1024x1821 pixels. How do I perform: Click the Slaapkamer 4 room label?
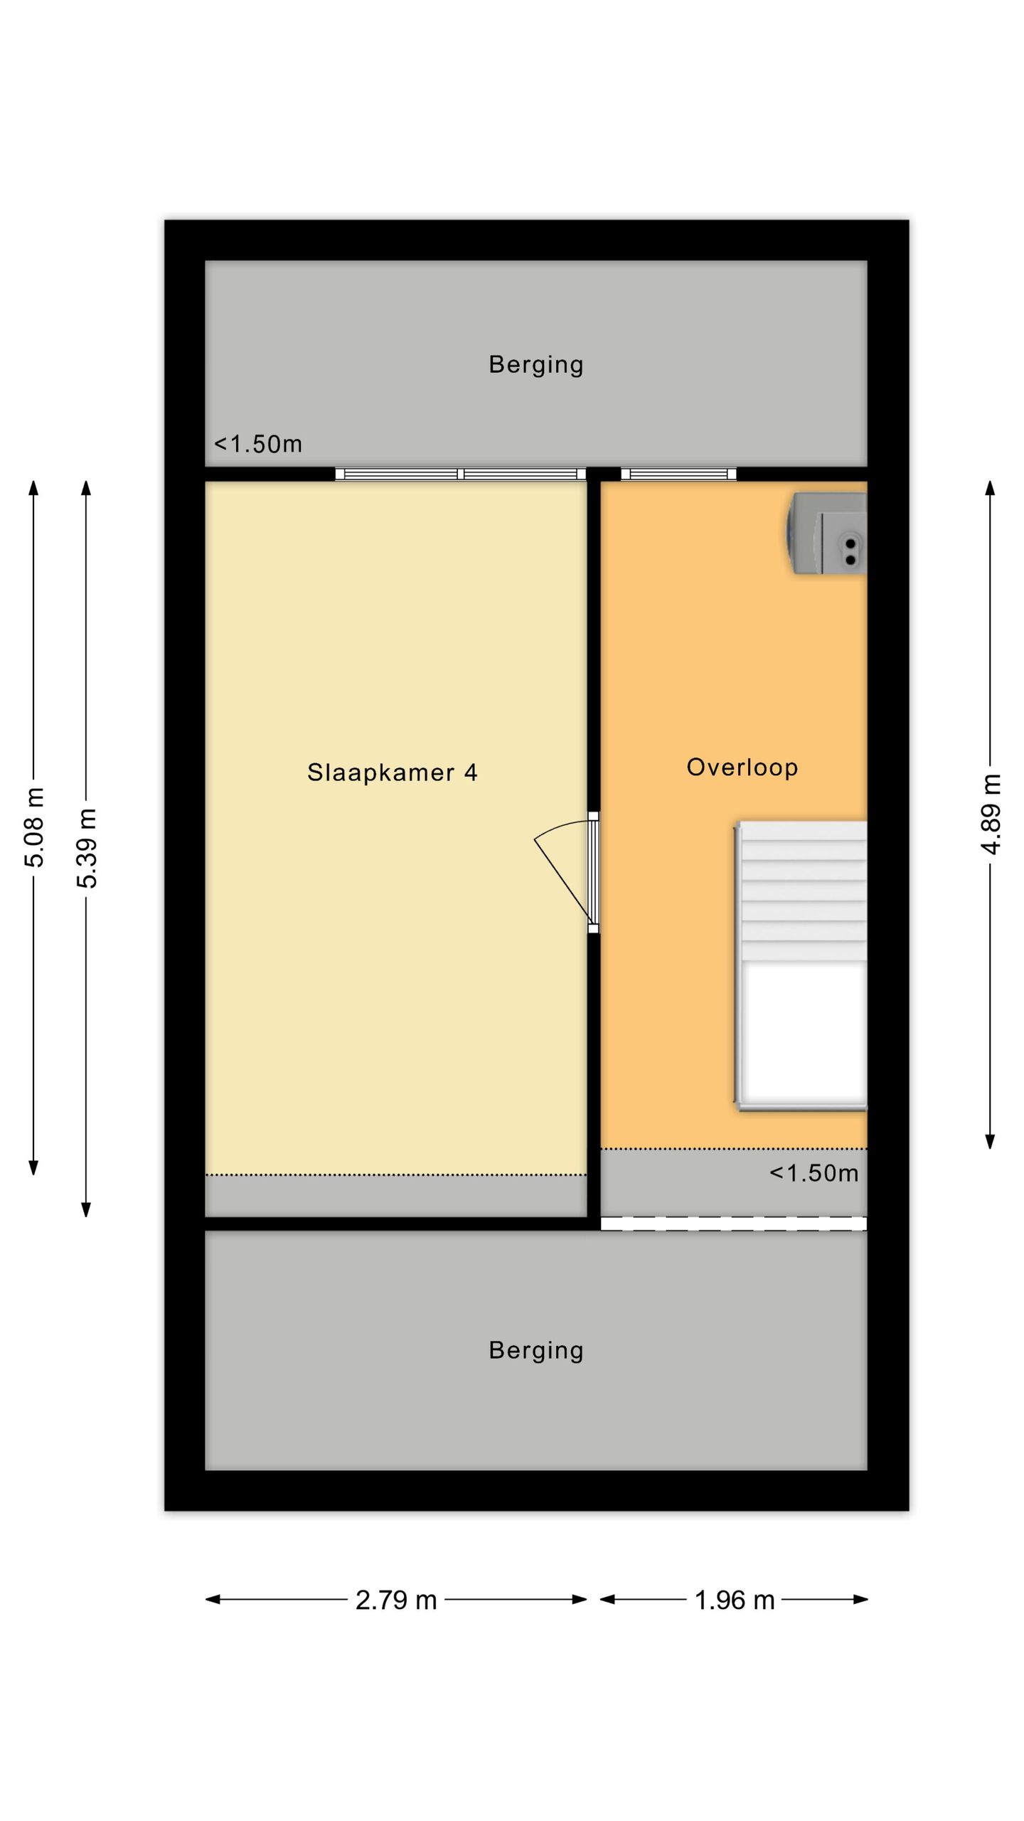click(392, 773)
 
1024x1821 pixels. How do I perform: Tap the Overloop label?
click(742, 768)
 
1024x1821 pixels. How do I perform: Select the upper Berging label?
click(535, 365)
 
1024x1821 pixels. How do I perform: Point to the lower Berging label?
click(535, 1350)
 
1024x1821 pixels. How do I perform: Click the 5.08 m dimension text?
click(34, 827)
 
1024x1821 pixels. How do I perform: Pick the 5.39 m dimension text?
click(87, 849)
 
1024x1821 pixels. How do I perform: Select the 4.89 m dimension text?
click(991, 814)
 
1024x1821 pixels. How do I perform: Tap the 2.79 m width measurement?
click(396, 1600)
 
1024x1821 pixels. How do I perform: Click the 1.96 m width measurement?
click(735, 1600)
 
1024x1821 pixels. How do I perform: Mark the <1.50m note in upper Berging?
click(258, 445)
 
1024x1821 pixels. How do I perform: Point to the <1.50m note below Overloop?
click(814, 1174)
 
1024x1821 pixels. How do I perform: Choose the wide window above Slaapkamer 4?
click(461, 474)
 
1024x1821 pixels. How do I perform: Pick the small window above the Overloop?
click(678, 474)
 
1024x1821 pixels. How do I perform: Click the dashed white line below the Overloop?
click(734, 1223)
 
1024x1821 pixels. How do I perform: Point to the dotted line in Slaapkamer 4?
click(396, 1174)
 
